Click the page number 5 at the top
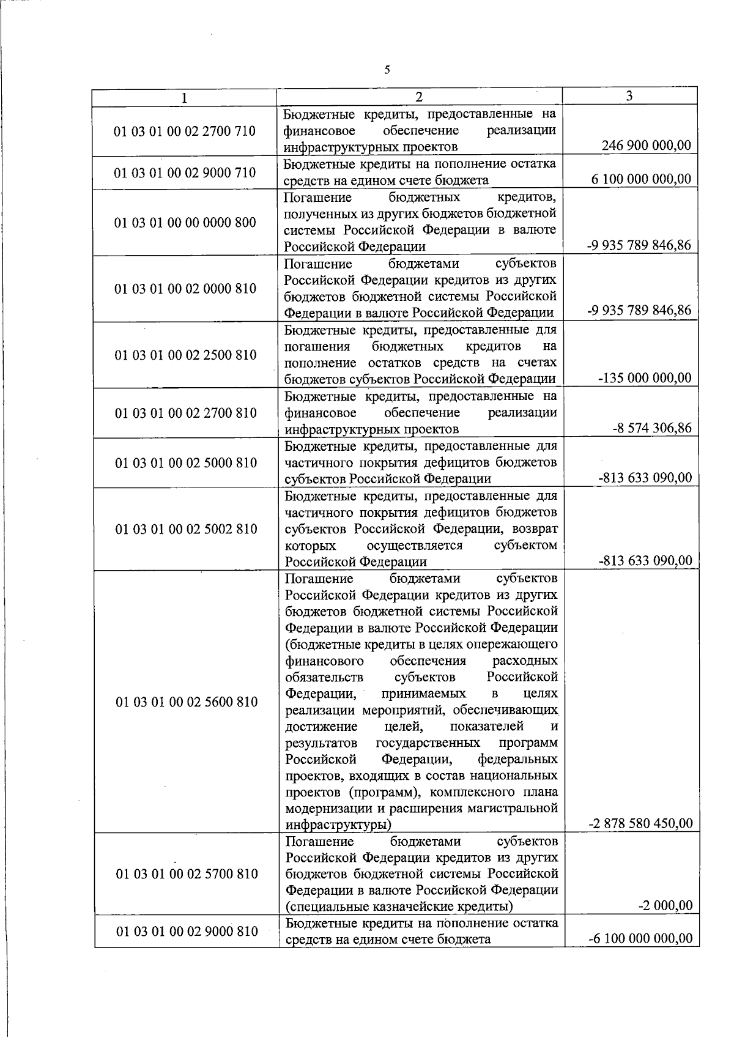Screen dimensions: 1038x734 (387, 70)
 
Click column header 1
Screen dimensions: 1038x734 (185, 98)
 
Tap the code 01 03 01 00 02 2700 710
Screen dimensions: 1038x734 (185, 131)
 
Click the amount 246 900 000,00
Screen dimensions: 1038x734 (647, 146)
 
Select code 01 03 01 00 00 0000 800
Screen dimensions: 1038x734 (185, 223)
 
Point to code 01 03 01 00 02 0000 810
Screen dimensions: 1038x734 (185, 289)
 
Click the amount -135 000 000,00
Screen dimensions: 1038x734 (645, 378)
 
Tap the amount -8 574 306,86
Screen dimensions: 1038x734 (652, 428)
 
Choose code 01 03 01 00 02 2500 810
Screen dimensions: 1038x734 (185, 355)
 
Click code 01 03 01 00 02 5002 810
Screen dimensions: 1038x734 (186, 529)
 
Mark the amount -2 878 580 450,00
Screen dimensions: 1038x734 (640, 823)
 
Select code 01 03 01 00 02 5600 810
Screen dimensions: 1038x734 (186, 702)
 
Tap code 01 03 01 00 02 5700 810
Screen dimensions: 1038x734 (186, 874)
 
